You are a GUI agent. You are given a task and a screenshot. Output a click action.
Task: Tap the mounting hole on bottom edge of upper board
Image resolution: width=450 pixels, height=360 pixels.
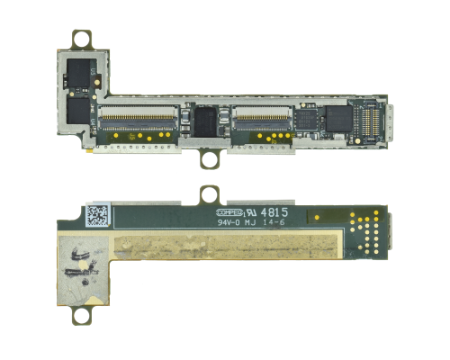(212, 160)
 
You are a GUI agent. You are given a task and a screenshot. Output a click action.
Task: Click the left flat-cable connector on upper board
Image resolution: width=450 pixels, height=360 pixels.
(138, 117)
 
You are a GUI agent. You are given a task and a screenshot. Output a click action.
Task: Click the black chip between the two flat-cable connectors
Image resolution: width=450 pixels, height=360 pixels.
(209, 121)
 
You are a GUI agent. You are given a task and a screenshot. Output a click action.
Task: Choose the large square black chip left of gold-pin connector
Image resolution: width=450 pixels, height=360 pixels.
(337, 118)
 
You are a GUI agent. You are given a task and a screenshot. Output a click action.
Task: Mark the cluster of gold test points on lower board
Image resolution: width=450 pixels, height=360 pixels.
(364, 229)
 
